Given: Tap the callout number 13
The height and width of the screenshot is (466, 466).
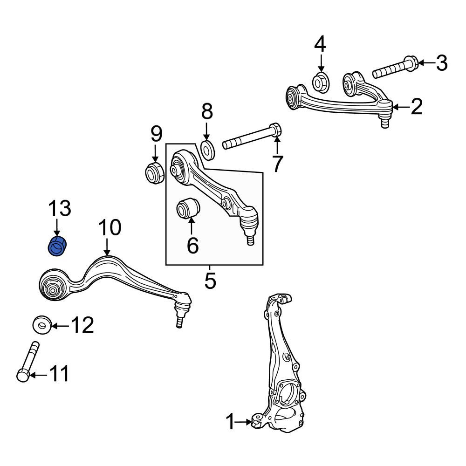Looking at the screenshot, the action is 60,209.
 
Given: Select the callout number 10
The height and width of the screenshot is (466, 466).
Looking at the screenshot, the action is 110,228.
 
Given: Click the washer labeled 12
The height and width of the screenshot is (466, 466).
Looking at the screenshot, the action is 42,324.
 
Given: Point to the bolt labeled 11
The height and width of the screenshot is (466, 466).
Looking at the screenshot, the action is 27,362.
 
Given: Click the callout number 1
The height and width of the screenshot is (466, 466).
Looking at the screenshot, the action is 231,422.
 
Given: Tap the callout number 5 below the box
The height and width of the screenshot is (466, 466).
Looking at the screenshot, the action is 210,281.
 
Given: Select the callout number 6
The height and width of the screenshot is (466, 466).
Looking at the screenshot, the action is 192,245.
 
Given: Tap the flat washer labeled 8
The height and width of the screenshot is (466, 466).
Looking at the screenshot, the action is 207,150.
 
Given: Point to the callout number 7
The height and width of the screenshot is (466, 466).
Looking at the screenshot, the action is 277,164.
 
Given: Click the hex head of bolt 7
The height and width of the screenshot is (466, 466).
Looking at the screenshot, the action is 276,130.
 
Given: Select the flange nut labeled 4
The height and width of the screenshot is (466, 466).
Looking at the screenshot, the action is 321,82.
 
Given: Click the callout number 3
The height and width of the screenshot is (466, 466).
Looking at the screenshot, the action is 442,63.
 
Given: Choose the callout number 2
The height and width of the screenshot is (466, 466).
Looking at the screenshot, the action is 417,107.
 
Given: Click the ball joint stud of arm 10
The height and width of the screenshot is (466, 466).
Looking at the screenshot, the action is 179,321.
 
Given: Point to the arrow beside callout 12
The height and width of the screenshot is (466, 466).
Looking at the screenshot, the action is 61,326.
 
